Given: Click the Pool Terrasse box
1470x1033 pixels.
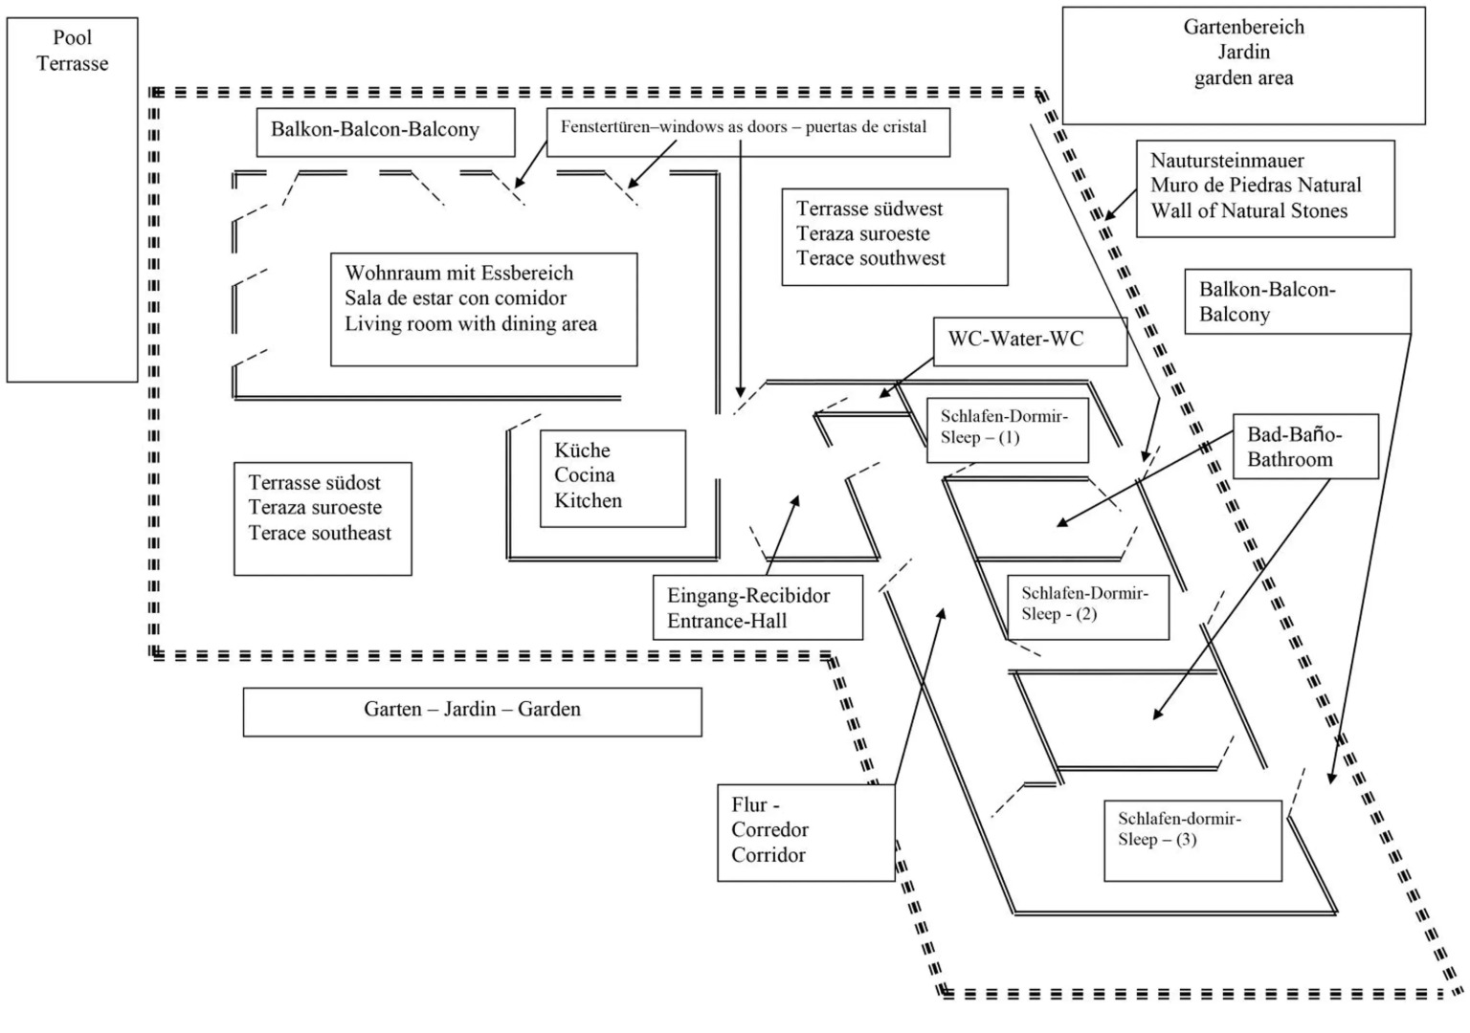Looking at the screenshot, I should point(72,199).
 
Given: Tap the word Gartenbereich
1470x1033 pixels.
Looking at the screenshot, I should point(1243,27).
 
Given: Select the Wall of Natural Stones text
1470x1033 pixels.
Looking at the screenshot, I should point(1248,211).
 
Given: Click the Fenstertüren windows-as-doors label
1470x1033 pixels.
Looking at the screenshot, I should point(744,126).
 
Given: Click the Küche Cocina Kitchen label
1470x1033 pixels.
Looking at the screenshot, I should point(612,476).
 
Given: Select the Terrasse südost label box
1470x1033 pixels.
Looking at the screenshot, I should point(323,518).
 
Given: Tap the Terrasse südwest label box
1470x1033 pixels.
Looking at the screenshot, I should point(894,235).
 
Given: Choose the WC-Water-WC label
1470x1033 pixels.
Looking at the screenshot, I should point(1029,341).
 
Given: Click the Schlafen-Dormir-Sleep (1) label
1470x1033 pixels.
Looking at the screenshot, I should point(1007,428).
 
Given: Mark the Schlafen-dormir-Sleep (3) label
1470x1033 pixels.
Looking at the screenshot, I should point(1192,839).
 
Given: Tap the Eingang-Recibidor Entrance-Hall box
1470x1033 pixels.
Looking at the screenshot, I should point(757,607).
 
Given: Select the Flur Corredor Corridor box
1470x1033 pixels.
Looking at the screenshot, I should point(805,831).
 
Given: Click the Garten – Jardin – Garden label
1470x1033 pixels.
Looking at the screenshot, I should point(472,710).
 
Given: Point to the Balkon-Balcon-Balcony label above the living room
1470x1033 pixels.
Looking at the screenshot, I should point(385,130).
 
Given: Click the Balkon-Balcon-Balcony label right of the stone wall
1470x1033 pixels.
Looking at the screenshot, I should point(1297,301).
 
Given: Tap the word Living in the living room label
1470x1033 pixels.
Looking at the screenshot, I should point(372,324).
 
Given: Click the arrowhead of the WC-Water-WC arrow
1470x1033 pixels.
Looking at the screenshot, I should point(883,394).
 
